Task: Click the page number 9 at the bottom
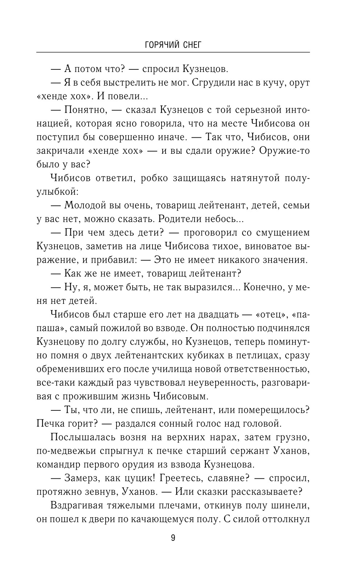[173, 538]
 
